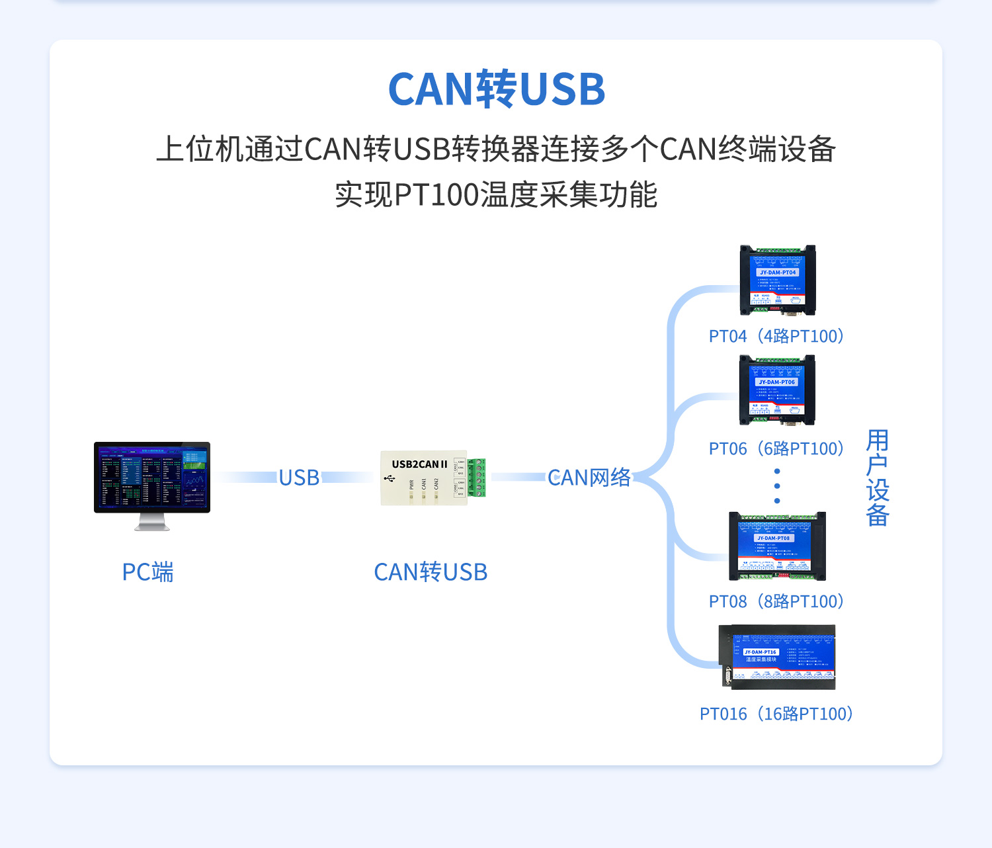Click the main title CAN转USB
(x=496, y=89)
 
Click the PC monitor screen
(x=152, y=477)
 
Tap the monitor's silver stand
(x=152, y=523)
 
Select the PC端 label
(x=147, y=572)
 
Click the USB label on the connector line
(x=299, y=478)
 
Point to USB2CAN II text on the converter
(x=419, y=464)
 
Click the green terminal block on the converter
(x=477, y=478)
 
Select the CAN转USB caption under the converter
(x=431, y=572)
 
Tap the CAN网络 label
(x=589, y=478)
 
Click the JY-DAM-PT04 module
(x=778, y=280)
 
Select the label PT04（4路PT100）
(x=776, y=336)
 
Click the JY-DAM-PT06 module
(x=777, y=390)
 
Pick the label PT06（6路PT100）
(x=776, y=448)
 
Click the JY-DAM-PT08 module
(x=777, y=546)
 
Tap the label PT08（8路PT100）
(x=776, y=601)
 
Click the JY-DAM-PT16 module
(x=778, y=657)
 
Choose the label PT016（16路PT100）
(x=776, y=714)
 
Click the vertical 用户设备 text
(x=878, y=478)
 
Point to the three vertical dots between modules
(x=777, y=486)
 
